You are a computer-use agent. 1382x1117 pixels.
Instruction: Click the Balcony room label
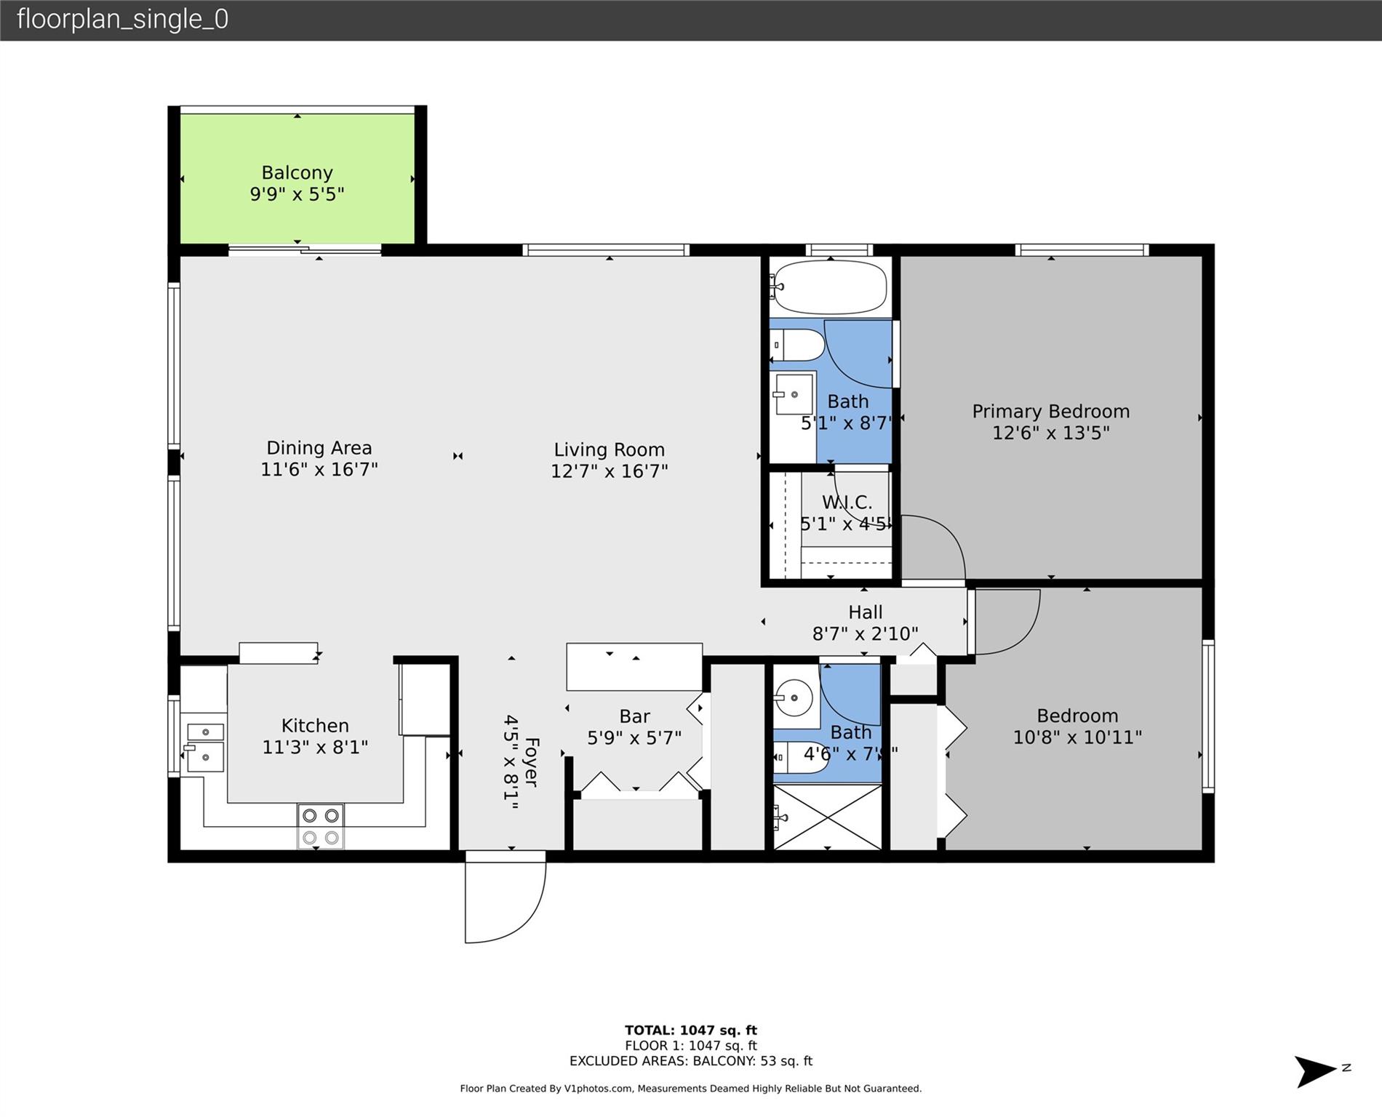[x=297, y=172]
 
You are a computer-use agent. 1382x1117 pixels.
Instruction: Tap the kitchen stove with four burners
[x=321, y=826]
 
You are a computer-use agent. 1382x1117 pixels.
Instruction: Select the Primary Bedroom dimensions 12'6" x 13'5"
[x=1050, y=433]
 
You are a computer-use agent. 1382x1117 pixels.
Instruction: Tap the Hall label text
[x=865, y=612]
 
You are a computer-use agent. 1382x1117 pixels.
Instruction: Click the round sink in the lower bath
[x=793, y=698]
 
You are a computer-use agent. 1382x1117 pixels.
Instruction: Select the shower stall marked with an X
[x=827, y=817]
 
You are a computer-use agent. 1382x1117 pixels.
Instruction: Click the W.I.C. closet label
[x=847, y=502]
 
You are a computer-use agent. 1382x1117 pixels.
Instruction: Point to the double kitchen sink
[x=204, y=747]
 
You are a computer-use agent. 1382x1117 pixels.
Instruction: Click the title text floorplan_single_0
[x=122, y=19]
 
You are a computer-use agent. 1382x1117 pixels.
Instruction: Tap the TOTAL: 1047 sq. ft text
[x=690, y=1030]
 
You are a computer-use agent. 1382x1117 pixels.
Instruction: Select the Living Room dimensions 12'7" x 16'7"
[x=609, y=471]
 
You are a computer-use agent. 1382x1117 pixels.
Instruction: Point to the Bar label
[x=634, y=716]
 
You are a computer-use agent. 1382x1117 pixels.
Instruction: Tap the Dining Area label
[x=319, y=448]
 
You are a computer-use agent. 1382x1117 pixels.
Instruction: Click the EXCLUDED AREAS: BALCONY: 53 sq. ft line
[x=690, y=1061]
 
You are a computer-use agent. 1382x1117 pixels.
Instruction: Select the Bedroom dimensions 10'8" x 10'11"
[x=1077, y=737]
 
